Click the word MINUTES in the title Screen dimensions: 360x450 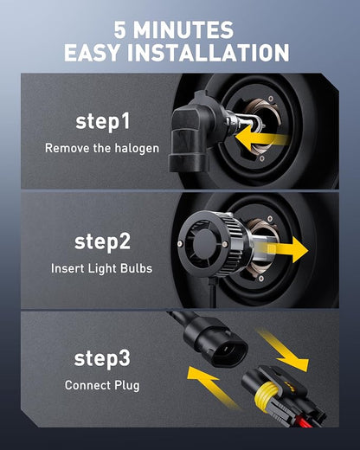pos(183,29)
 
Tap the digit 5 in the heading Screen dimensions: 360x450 pos(119,30)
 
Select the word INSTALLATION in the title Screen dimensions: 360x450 pos(208,53)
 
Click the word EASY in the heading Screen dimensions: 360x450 pos(92,53)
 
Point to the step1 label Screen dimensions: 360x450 pos(103,122)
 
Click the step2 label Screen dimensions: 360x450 pos(102,242)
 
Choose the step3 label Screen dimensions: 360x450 pos(102,358)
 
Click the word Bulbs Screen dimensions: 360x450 pos(136,268)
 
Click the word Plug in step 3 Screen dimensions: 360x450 pos(127,386)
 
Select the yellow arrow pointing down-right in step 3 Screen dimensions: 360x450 pos(284,350)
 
